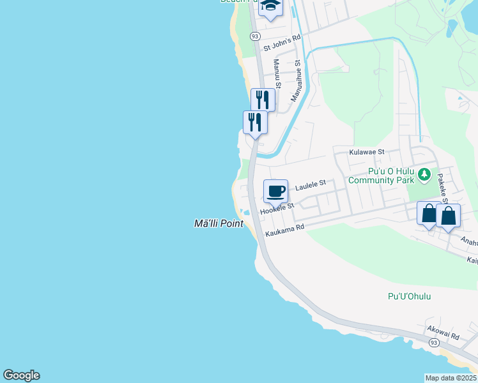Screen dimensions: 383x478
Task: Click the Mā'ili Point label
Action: tap(219, 223)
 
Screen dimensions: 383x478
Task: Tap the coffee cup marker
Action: tap(275, 191)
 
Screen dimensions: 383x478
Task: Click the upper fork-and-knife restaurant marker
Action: tap(263, 100)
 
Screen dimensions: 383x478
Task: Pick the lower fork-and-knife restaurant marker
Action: tap(255, 121)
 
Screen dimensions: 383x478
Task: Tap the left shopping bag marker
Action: tap(429, 214)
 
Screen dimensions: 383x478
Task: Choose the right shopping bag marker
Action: tap(449, 216)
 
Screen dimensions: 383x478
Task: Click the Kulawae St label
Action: tap(366, 153)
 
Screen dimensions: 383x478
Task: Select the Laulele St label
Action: tap(311, 186)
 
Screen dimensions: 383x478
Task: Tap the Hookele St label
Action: tap(277, 209)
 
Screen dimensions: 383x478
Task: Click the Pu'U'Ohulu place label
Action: tap(409, 296)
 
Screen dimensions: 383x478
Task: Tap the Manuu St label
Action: tap(277, 73)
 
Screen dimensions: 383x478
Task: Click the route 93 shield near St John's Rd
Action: tap(255, 37)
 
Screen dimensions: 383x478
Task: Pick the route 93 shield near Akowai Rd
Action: tap(434, 343)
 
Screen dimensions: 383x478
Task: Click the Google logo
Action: tap(21, 375)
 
